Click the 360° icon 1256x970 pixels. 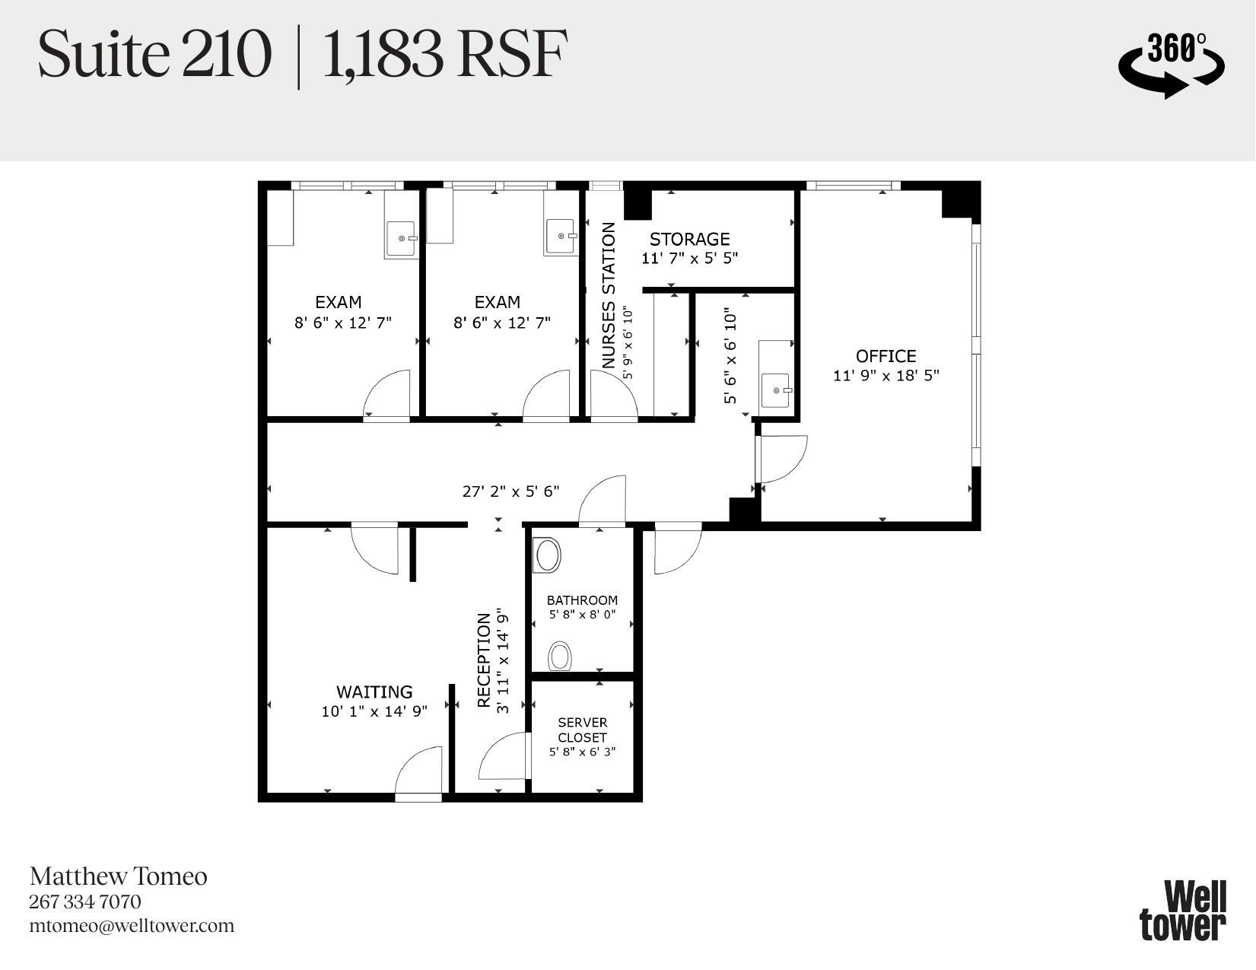tap(1172, 64)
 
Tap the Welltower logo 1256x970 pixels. tap(1183, 911)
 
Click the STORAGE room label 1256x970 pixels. tap(689, 239)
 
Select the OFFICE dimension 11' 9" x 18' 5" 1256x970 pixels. tap(886, 375)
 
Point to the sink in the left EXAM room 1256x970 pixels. tap(401, 238)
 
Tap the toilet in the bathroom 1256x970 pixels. tap(561, 656)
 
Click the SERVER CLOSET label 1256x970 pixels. tap(582, 730)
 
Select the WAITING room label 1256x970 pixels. tap(374, 692)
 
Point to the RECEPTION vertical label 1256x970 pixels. tap(484, 660)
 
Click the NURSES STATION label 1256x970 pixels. tap(609, 296)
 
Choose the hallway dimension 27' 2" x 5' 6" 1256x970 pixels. tap(510, 491)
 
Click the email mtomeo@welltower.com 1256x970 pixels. tap(132, 926)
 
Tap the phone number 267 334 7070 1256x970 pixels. tap(85, 902)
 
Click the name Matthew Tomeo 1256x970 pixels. tap(118, 876)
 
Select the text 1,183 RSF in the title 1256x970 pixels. tap(445, 55)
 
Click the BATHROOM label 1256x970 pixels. tap(582, 600)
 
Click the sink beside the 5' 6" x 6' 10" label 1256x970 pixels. tap(776, 390)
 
